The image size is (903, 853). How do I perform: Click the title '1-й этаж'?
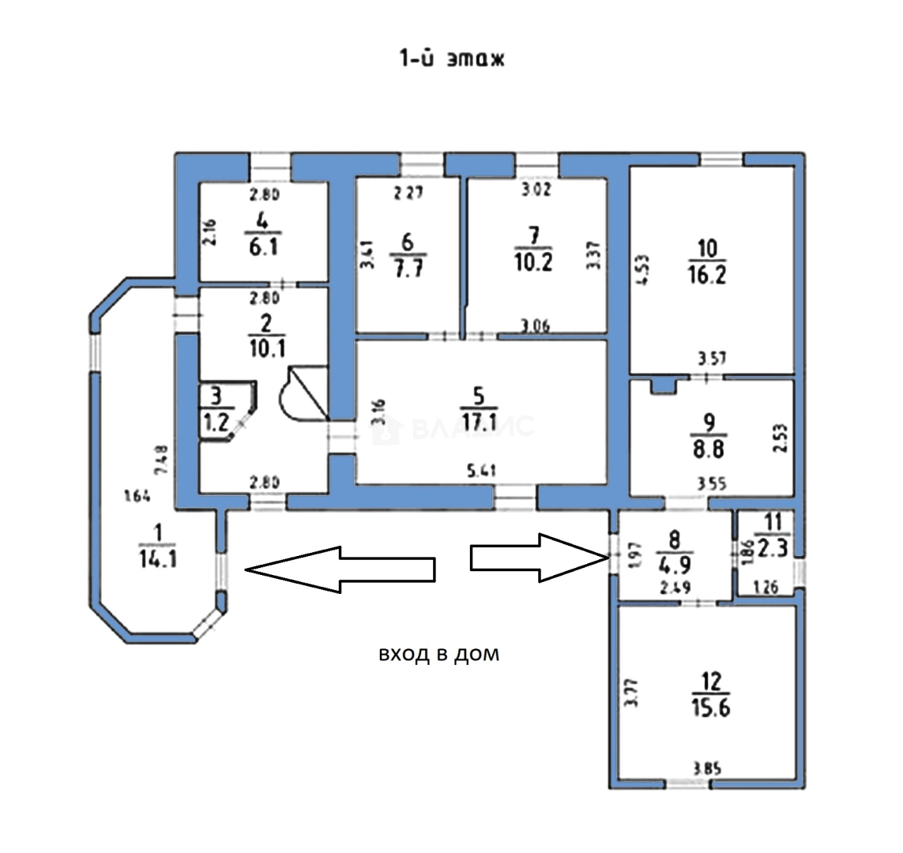pyautogui.click(x=450, y=58)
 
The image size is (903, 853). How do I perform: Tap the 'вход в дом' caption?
pyautogui.click(x=438, y=655)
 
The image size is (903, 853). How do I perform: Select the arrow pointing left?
pyautogui.click(x=340, y=569)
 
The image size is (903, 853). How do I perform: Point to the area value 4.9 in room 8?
pyautogui.click(x=675, y=562)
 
